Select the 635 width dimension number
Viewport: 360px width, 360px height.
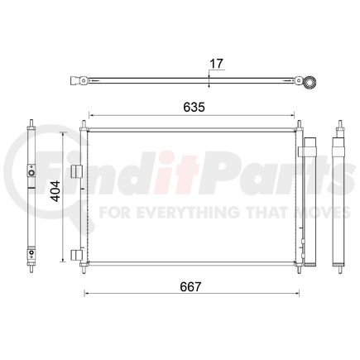pyautogui.click(x=194, y=107)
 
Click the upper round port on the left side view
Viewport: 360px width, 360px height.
pyautogui.click(x=31, y=173)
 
